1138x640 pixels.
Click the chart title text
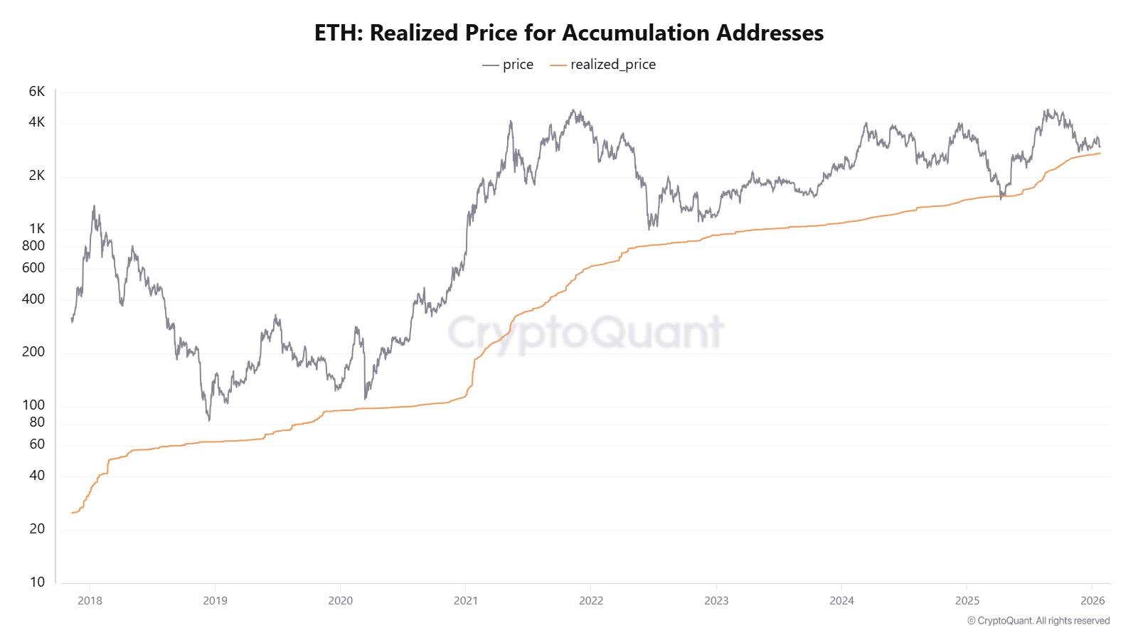pyautogui.click(x=569, y=33)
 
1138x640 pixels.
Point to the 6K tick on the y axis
pyautogui.click(x=37, y=92)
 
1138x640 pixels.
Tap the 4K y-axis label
pyautogui.click(x=37, y=122)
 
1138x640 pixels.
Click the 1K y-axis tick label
pyautogui.click(x=37, y=229)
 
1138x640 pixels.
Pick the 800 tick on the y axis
pyautogui.click(x=33, y=246)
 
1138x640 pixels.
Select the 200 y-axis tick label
pyautogui.click(x=33, y=352)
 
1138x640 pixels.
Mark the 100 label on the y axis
pyautogui.click(x=33, y=405)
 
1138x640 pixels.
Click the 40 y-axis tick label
pyautogui.click(x=37, y=476)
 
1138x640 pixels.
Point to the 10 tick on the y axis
pyautogui.click(x=37, y=582)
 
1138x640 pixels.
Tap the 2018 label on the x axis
pyautogui.click(x=90, y=601)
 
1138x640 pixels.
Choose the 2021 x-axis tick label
pyautogui.click(x=466, y=601)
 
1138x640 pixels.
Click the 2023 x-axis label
pyautogui.click(x=716, y=601)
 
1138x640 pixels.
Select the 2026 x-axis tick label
pyautogui.click(x=1092, y=601)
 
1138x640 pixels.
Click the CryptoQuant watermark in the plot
pyautogui.click(x=585, y=333)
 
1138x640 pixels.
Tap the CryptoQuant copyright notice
pyautogui.click(x=1038, y=621)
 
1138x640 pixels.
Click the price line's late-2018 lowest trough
pyautogui.click(x=209, y=420)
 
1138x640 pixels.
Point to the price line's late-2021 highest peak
pyautogui.click(x=573, y=111)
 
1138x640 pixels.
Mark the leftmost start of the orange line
pyautogui.click(x=73, y=513)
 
